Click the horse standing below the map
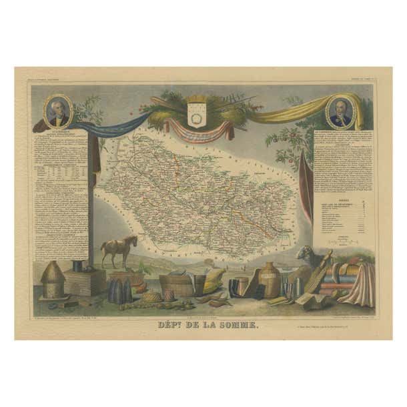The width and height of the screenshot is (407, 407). tap(119, 250)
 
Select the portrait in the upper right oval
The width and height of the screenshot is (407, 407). tap(340, 112)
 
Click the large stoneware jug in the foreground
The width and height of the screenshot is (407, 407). tap(270, 279)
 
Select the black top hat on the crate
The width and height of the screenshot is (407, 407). tap(78, 266)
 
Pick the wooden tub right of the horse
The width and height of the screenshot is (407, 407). tap(176, 286)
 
